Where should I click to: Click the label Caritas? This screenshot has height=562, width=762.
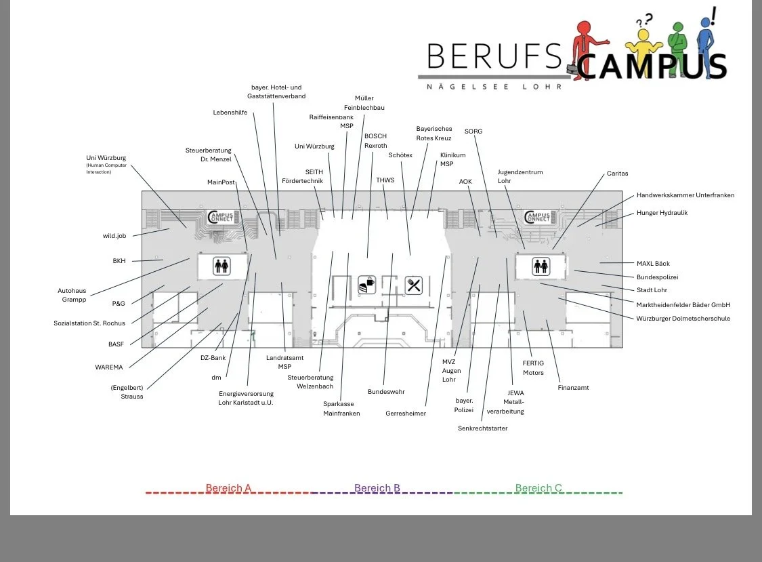click(x=617, y=174)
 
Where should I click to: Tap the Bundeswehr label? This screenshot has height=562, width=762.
click(x=385, y=392)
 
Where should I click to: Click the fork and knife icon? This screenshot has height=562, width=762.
click(x=414, y=285)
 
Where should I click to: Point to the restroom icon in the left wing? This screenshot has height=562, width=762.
click(x=221, y=265)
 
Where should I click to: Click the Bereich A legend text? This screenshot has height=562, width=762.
click(x=228, y=488)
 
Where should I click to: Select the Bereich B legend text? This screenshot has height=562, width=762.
click(x=377, y=488)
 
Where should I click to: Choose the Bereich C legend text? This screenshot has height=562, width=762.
click(x=538, y=488)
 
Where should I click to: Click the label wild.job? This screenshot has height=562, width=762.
click(x=114, y=236)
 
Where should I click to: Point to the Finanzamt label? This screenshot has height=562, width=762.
click(x=573, y=388)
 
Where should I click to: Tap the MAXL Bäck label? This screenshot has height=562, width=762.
click(x=653, y=264)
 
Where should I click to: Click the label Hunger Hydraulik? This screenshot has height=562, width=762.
click(x=662, y=213)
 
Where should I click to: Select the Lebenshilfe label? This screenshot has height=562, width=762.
click(x=230, y=113)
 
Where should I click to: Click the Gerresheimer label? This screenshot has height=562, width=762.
click(x=406, y=413)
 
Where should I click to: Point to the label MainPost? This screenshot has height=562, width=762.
click(x=220, y=182)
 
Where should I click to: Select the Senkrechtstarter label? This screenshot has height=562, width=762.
click(x=482, y=428)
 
